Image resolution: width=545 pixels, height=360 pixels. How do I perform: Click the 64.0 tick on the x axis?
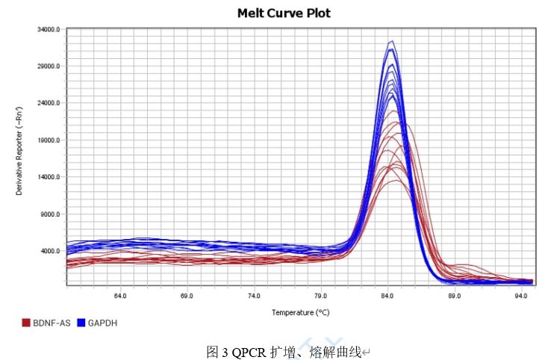click(119, 297)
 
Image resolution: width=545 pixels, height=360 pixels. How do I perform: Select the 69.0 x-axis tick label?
click(187, 297)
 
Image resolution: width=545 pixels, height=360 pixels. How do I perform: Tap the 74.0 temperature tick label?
click(253, 297)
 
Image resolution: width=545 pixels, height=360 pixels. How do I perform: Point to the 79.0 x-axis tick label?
click(320, 297)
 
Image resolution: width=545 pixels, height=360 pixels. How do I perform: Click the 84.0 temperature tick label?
click(387, 297)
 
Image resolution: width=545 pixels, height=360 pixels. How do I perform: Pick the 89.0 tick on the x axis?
click(454, 297)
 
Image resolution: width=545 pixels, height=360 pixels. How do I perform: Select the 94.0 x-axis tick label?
click(520, 297)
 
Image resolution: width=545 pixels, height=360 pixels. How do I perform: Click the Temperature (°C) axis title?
click(300, 312)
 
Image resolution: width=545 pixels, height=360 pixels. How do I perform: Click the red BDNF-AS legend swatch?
click(26, 323)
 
